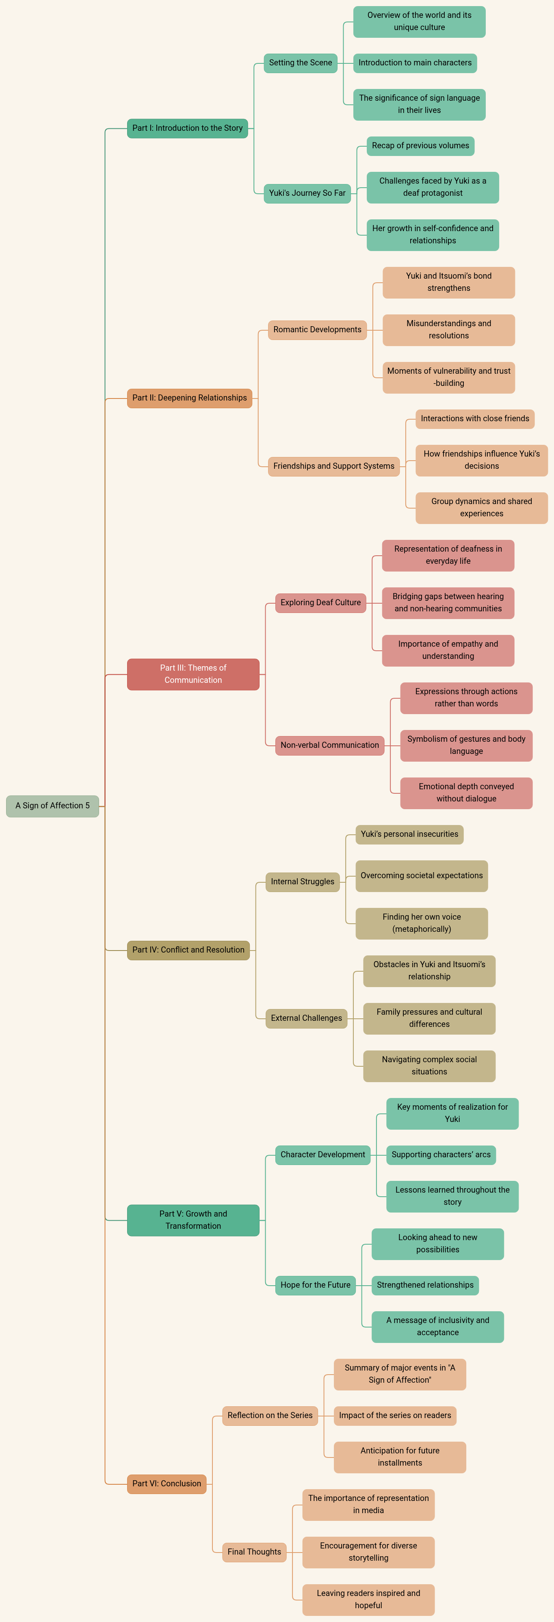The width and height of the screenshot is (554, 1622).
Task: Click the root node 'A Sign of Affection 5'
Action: pos(52,806)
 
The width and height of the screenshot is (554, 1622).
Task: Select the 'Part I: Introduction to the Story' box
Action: pos(187,128)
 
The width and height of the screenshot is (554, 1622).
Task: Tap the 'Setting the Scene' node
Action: pos(300,63)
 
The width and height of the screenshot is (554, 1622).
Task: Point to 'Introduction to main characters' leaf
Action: pos(415,63)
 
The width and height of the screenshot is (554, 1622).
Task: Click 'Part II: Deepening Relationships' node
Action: pos(189,398)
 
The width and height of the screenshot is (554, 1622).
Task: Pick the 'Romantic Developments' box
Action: pos(317,329)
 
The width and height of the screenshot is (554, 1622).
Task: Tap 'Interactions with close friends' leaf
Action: pos(475,419)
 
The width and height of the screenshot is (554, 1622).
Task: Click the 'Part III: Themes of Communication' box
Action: pos(193,674)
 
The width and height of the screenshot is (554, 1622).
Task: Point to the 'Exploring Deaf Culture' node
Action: pos(320,602)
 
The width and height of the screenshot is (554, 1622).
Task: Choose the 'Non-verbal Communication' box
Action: pos(329,745)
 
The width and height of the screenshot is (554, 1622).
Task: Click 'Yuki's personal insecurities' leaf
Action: pos(409,834)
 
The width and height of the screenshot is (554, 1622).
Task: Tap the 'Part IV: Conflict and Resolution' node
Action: pos(188,950)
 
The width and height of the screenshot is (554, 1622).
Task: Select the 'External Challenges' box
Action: pos(306,1018)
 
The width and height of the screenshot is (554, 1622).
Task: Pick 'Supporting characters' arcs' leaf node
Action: pos(441,1155)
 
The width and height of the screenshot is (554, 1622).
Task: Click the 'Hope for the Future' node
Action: pos(315,1285)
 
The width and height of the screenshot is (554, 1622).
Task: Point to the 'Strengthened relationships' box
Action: pos(425,1285)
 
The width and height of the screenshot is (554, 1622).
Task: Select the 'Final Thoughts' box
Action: pos(254,1552)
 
